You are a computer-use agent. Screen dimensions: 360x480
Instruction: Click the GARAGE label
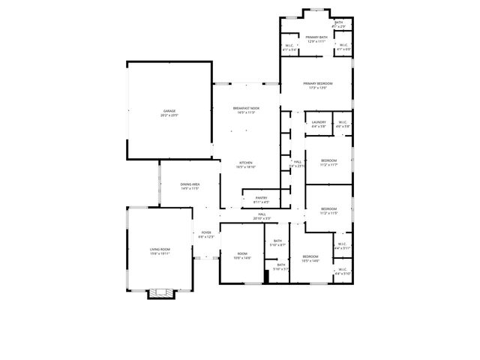[169, 111]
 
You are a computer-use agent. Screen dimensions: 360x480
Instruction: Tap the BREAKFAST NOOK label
[247, 109]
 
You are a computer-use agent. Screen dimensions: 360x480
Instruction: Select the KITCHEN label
[246, 163]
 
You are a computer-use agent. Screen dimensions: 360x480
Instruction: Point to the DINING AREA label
[190, 184]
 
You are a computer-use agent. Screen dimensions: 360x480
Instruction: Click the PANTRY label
[260, 198]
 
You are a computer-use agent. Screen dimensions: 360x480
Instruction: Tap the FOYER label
[206, 232]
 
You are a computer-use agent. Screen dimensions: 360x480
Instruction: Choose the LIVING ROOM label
[160, 250]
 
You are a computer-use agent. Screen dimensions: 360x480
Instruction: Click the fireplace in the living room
[160, 292]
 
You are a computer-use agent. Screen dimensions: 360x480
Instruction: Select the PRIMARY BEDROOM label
[317, 83]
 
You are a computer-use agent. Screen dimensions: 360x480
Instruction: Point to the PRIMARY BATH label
[316, 37]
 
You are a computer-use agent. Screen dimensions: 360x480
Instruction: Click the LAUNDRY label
[318, 122]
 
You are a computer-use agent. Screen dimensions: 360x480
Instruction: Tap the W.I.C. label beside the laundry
[342, 122]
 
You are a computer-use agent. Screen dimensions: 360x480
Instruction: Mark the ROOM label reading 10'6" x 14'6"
[242, 253]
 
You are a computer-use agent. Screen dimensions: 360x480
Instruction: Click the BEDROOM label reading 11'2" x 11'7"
[328, 160]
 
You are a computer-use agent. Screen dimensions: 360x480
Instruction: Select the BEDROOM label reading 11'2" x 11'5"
[328, 208]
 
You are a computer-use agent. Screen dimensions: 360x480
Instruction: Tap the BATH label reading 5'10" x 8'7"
[277, 241]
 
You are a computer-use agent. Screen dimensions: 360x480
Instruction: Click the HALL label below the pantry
[262, 214]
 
